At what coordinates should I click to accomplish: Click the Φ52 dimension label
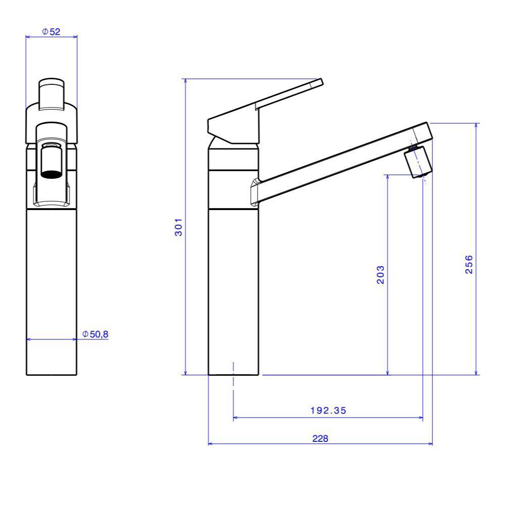pos(51,31)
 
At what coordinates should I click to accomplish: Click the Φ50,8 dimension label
pos(96,334)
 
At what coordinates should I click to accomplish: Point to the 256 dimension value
pos(469,264)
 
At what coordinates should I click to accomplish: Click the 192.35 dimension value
pos(328,411)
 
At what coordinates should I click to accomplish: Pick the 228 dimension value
pos(320,438)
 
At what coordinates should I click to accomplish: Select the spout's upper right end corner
pos(428,123)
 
